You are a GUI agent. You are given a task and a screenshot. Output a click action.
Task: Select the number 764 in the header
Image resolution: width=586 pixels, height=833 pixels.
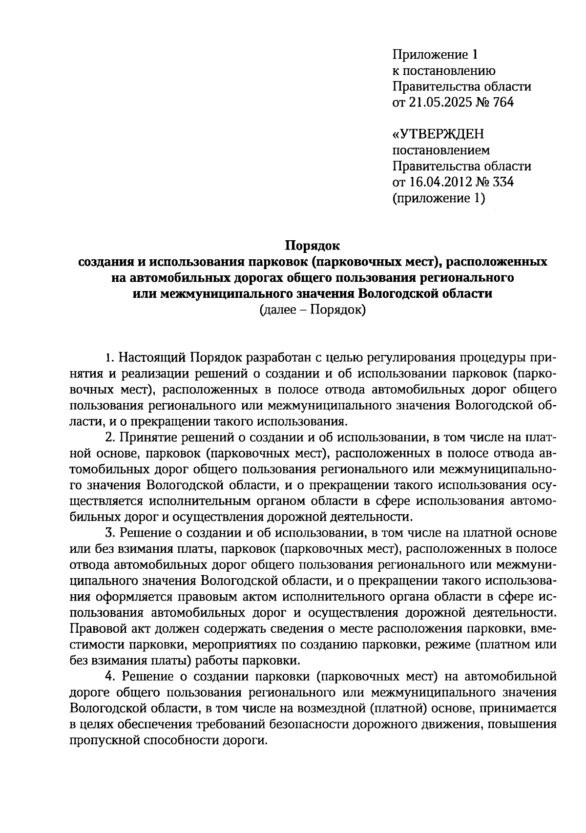click(502, 103)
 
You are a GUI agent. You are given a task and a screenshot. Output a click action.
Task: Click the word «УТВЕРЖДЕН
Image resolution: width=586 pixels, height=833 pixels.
click(439, 134)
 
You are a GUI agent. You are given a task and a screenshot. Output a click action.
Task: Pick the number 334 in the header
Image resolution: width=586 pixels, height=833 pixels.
click(502, 182)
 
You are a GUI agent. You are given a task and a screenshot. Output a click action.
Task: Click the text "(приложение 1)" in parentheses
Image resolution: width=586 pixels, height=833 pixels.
click(439, 198)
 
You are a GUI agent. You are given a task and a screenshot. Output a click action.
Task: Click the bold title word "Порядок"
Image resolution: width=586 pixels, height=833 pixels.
click(312, 245)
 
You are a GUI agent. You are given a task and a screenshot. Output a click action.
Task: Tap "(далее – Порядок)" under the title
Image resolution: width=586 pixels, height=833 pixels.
click(313, 310)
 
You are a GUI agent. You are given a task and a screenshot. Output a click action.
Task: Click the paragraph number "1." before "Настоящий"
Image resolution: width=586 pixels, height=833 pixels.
click(110, 357)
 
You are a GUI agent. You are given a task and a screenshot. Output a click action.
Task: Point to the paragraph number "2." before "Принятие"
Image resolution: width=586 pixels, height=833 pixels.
click(110, 437)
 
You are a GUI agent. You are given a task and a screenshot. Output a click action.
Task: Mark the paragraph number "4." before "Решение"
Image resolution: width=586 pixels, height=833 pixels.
click(110, 676)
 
